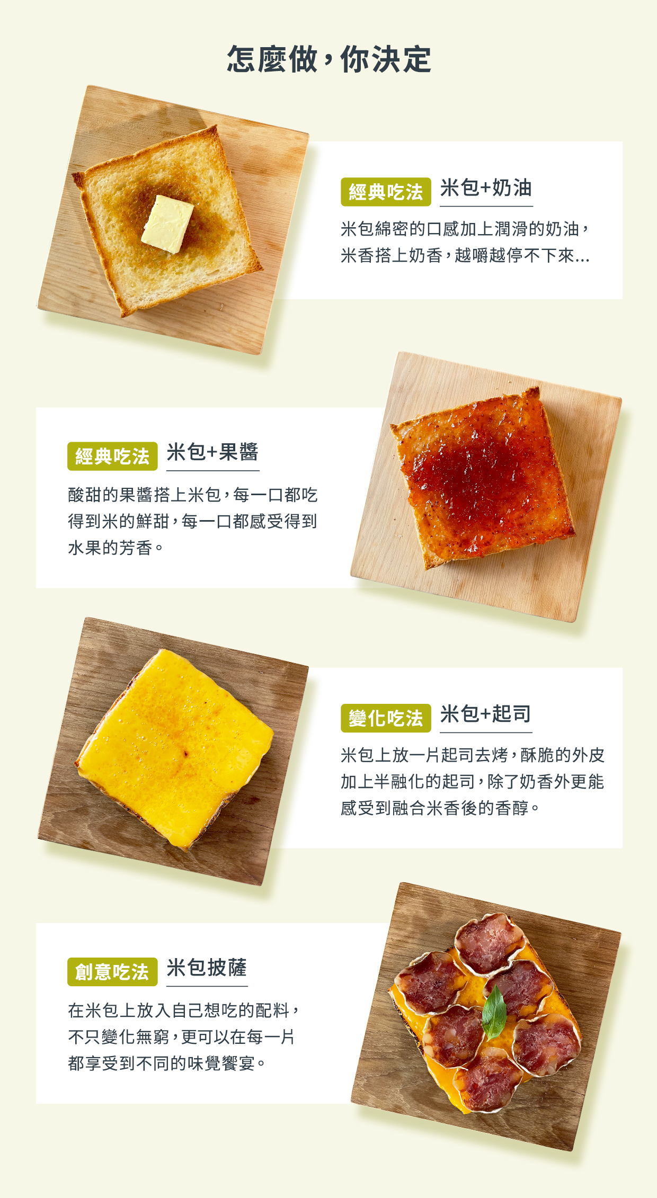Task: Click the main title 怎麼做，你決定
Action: (328, 59)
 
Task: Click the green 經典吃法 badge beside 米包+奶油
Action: (385, 192)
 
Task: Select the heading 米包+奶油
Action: (486, 188)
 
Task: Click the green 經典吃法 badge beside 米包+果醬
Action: (112, 456)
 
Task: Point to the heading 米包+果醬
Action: (212, 453)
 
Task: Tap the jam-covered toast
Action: (482, 477)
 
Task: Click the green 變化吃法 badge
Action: (385, 718)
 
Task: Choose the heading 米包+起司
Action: (485, 714)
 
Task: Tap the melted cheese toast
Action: (175, 747)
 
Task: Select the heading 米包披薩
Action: (207, 968)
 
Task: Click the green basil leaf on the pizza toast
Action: (494, 1012)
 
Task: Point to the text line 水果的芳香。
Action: (116, 548)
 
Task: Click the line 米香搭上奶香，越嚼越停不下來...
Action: (465, 256)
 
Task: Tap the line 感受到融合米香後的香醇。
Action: (440, 808)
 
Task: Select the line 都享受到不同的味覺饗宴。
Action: (167, 1063)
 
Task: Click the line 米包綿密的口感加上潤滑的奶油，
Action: (465, 229)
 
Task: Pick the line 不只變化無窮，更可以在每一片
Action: (181, 1036)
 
